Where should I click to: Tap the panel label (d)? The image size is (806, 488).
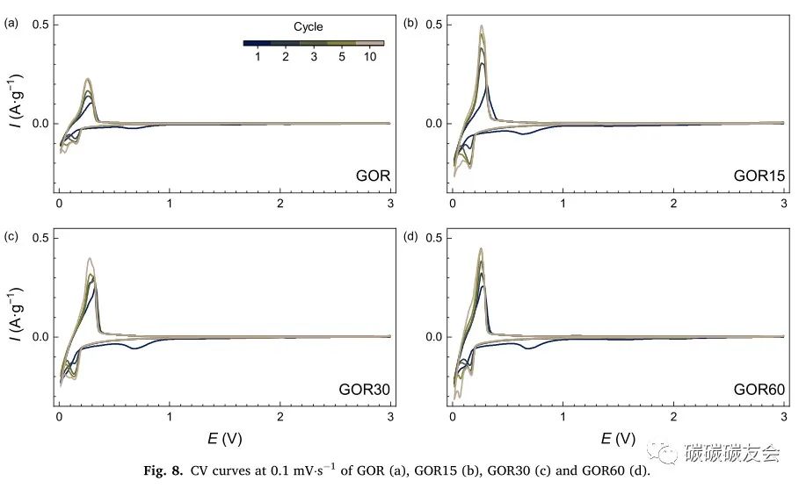(x=410, y=237)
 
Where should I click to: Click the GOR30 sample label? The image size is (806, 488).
(x=365, y=389)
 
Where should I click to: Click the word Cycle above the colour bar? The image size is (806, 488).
(x=309, y=27)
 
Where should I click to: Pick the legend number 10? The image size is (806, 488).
(x=370, y=56)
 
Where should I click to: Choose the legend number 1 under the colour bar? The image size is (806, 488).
(x=258, y=56)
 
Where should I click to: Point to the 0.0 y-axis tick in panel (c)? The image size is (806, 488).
(x=39, y=337)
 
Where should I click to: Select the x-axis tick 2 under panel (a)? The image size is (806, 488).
(x=280, y=204)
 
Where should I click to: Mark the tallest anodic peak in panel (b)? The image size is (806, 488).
(x=482, y=27)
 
